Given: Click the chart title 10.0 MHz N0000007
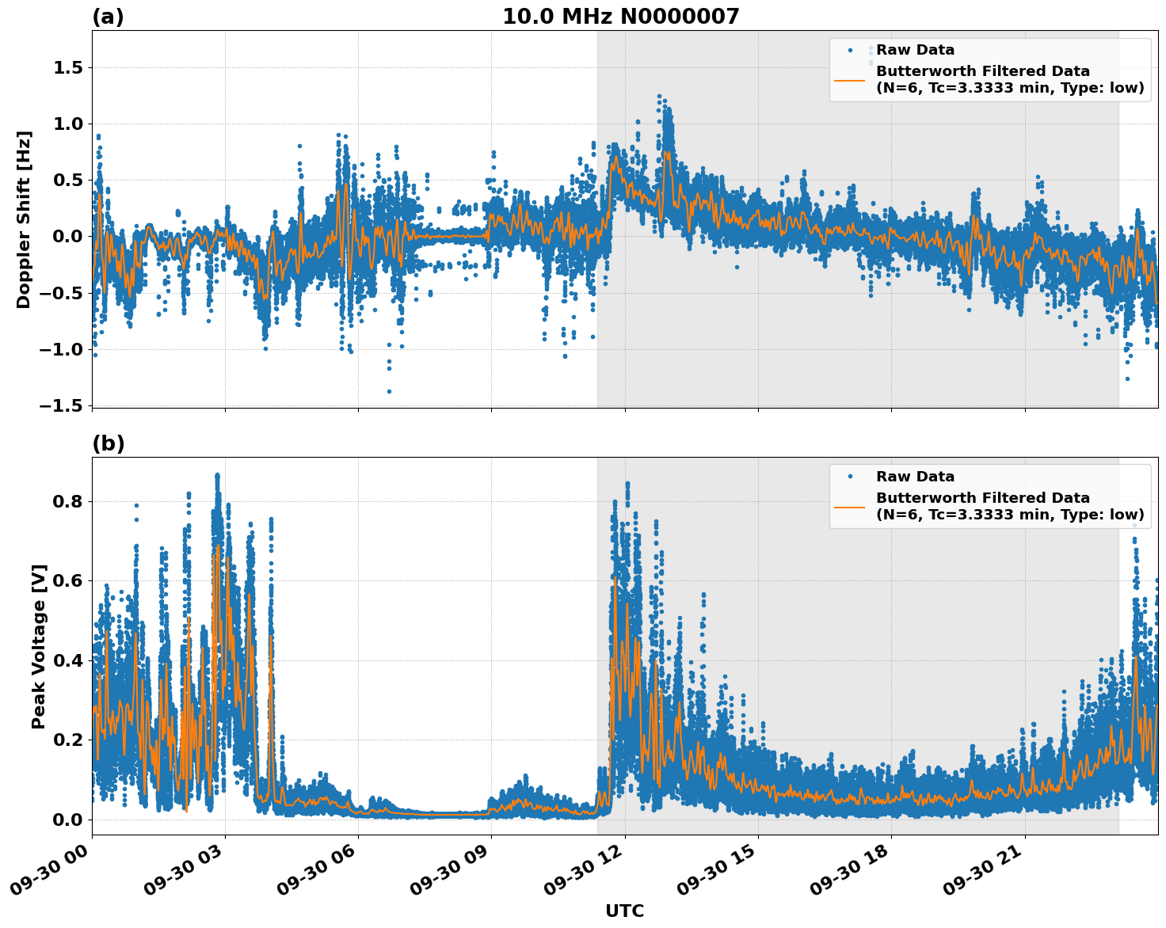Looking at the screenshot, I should tap(620, 17).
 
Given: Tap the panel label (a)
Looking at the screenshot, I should tap(108, 17).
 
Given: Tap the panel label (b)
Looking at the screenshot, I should tap(108, 443).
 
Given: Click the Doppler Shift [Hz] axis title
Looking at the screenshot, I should tap(24, 219).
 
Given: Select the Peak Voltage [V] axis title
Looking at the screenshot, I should tap(39, 646).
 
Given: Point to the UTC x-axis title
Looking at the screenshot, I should tap(624, 911).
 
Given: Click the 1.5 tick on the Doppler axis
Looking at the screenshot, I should tap(68, 68).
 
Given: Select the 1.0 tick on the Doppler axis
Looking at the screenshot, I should tap(68, 124).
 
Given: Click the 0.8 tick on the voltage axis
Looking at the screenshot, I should tap(68, 502).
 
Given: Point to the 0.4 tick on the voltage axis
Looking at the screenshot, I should tap(68, 660).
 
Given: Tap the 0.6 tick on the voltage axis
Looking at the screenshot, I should tap(68, 581).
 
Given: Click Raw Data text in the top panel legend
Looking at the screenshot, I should tap(915, 50).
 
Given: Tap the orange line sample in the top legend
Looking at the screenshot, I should tap(850, 79).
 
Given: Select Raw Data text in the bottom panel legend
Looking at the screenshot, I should tap(915, 477).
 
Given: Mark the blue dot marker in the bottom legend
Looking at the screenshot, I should tap(850, 477).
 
